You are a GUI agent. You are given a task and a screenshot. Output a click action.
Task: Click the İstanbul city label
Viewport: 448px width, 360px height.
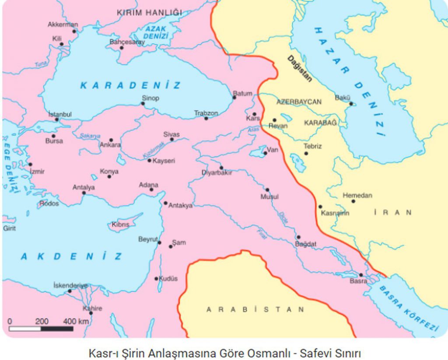[60, 114]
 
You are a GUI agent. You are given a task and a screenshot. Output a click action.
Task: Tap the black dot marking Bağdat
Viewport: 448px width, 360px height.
[298, 237]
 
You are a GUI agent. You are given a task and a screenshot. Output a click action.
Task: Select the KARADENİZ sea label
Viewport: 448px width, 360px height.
[130, 85]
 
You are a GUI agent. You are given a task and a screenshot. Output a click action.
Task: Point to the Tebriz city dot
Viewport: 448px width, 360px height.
[306, 153]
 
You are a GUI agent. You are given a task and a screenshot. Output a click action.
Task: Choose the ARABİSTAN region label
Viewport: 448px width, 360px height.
[255, 309]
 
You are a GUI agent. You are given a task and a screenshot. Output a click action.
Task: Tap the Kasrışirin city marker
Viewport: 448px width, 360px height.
[320, 207]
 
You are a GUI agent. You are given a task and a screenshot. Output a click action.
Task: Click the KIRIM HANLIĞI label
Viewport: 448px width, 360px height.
[149, 13]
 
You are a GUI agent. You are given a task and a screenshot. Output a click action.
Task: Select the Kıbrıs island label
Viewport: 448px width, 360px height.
[120, 224]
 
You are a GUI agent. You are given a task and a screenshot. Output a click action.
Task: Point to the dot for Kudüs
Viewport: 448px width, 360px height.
[156, 279]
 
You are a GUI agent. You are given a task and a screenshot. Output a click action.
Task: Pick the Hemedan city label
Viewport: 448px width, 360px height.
[357, 195]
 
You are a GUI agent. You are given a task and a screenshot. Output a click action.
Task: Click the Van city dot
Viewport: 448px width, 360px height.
[265, 153]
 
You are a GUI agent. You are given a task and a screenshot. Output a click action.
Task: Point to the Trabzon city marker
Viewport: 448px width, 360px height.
[206, 118]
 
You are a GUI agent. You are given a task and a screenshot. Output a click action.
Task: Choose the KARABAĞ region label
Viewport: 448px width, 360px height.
[320, 123]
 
